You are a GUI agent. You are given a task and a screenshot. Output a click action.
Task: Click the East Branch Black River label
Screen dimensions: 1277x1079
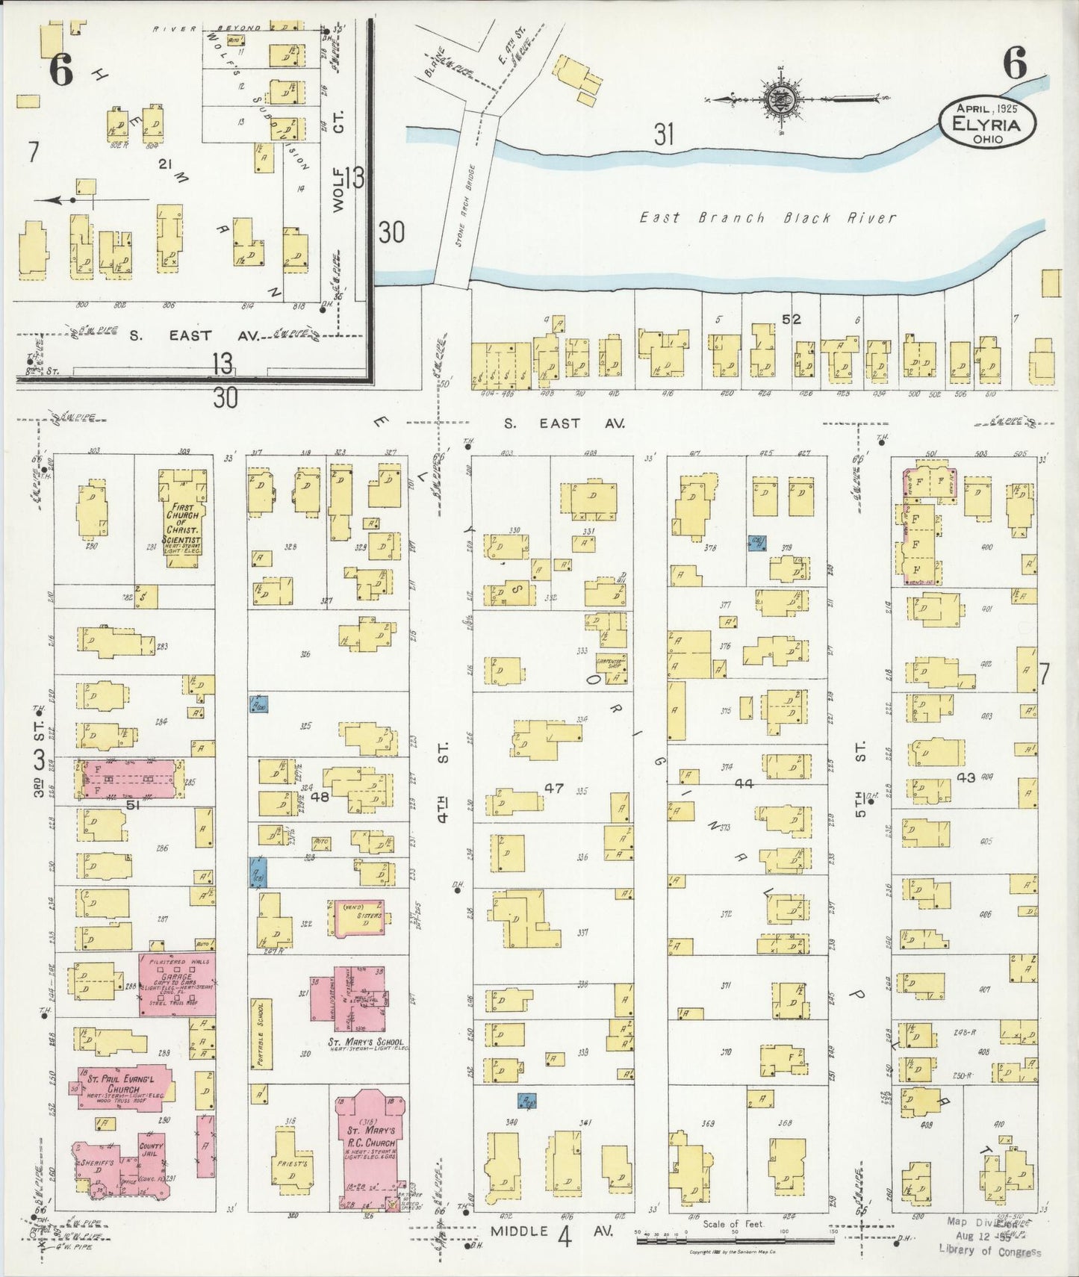(768, 218)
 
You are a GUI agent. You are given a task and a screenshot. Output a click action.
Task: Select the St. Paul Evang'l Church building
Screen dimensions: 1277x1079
(119, 1087)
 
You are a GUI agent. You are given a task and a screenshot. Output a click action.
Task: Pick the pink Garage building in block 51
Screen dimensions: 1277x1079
(178, 984)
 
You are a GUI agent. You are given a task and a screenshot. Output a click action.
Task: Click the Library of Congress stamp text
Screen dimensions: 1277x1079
(989, 1251)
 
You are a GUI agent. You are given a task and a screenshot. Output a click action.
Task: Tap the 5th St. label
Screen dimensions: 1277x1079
(860, 779)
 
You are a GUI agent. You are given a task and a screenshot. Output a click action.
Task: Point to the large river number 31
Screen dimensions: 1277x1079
(664, 135)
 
